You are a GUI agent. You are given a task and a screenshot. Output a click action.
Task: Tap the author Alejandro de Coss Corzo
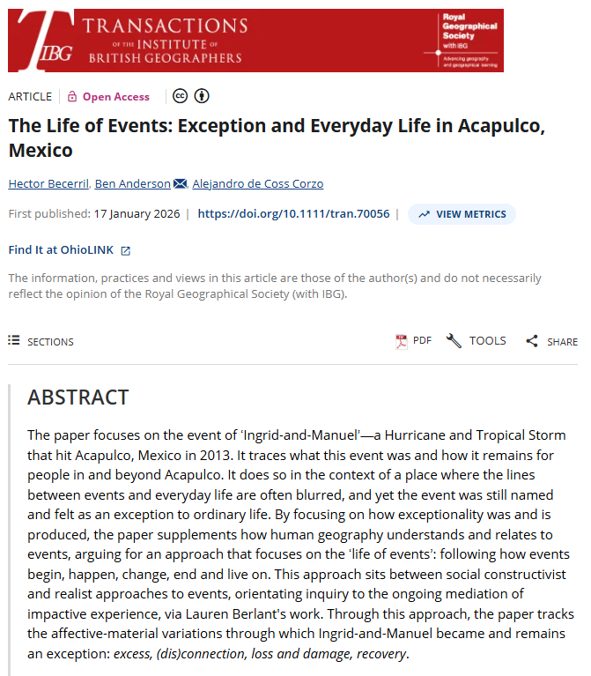(x=259, y=183)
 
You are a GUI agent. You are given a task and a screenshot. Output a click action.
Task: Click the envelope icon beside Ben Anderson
(x=181, y=183)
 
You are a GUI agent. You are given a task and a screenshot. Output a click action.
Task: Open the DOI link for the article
(x=293, y=214)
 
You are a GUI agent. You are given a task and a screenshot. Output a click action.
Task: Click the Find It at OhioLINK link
(x=61, y=249)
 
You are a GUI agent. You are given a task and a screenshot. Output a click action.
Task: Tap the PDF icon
(x=402, y=341)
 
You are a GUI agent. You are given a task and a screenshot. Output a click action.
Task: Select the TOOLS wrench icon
(x=454, y=341)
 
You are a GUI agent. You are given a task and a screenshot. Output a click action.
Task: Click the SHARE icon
(x=531, y=341)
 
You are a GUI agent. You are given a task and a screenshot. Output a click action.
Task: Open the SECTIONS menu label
(x=50, y=341)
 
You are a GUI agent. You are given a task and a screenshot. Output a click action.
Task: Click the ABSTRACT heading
(x=78, y=397)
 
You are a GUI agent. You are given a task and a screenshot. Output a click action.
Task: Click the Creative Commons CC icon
(x=181, y=97)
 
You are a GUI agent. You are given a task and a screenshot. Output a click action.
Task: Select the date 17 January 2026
(x=137, y=214)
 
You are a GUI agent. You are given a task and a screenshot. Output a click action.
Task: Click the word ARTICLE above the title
(x=29, y=97)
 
